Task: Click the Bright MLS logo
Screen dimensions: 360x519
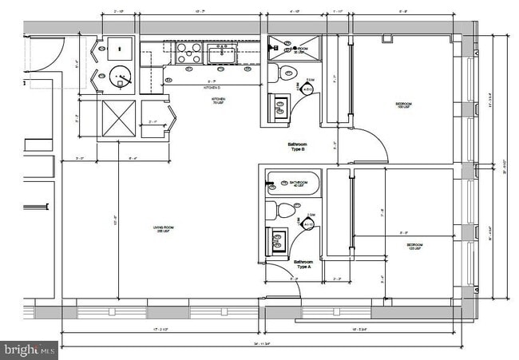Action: (30, 349)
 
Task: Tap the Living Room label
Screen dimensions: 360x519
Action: (164, 230)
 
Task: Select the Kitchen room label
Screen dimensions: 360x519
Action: (216, 101)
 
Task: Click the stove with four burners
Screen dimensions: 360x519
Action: (188, 53)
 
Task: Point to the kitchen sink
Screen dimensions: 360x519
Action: (221, 53)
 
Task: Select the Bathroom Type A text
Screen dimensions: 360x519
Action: (303, 264)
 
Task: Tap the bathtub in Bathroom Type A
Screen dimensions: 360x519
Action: (292, 184)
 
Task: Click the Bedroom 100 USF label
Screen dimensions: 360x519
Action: (404, 105)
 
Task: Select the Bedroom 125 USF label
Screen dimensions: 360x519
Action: (415, 246)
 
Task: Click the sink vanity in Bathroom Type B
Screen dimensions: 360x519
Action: (280, 107)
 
